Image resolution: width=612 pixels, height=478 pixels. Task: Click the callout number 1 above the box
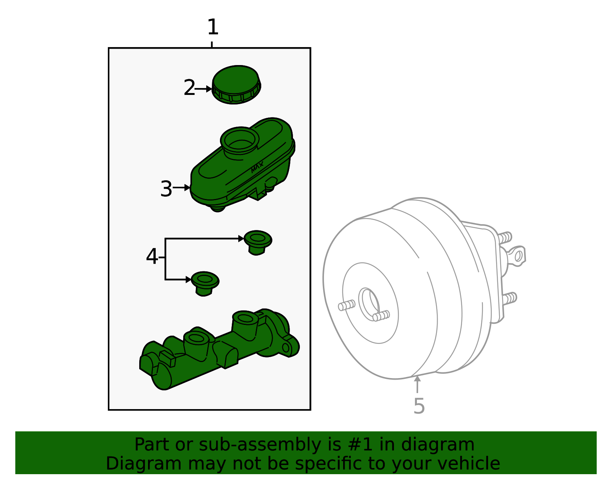pyautogui.click(x=213, y=27)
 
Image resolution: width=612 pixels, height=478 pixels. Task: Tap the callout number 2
pyautogui.click(x=189, y=87)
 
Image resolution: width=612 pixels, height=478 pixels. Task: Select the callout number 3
pyautogui.click(x=166, y=189)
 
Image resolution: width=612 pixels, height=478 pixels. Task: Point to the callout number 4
pyautogui.click(x=152, y=256)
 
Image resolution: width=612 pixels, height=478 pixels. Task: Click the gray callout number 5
pyautogui.click(x=419, y=406)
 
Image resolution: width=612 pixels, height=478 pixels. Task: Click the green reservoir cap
pyautogui.click(x=236, y=85)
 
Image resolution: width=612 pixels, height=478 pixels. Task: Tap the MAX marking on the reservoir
pyautogui.click(x=257, y=167)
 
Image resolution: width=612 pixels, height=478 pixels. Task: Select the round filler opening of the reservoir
pyautogui.click(x=240, y=140)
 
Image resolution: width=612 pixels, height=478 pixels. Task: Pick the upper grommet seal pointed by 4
pyautogui.click(x=258, y=243)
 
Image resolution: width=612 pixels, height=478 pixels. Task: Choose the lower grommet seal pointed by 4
pyautogui.click(x=205, y=284)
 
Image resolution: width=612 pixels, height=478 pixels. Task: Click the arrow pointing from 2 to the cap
pyautogui.click(x=203, y=89)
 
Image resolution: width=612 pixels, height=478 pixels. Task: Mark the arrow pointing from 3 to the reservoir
pyautogui.click(x=181, y=188)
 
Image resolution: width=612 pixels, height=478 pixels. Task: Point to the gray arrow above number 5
pyautogui.click(x=417, y=384)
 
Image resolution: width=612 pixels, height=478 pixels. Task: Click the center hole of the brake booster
pyautogui.click(x=369, y=304)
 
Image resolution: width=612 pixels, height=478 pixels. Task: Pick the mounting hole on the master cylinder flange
pyautogui.click(x=286, y=348)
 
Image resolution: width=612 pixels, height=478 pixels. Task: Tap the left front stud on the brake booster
pyautogui.click(x=347, y=305)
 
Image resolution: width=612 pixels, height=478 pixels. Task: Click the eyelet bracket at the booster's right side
pyautogui.click(x=517, y=256)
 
